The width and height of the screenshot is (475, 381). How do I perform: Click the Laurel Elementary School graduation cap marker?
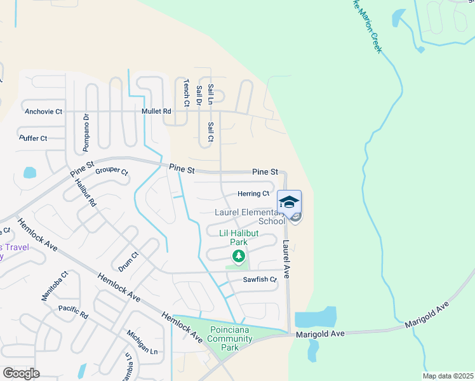tap(289, 203)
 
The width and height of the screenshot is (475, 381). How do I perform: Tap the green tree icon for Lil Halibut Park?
tap(239, 256)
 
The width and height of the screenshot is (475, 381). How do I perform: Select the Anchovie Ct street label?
tap(43, 112)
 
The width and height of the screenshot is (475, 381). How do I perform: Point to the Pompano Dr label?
tap(85, 133)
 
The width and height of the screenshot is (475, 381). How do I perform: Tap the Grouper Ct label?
tap(112, 172)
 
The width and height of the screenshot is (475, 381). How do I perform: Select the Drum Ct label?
tap(128, 259)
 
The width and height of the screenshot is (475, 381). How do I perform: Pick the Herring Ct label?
tap(253, 194)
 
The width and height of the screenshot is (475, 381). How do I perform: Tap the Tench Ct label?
tap(187, 93)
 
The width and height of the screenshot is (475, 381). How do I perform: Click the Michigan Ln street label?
tap(142, 342)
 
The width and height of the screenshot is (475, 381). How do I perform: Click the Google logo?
tap(21, 373)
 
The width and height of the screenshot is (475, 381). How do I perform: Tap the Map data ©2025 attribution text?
tap(448, 376)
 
